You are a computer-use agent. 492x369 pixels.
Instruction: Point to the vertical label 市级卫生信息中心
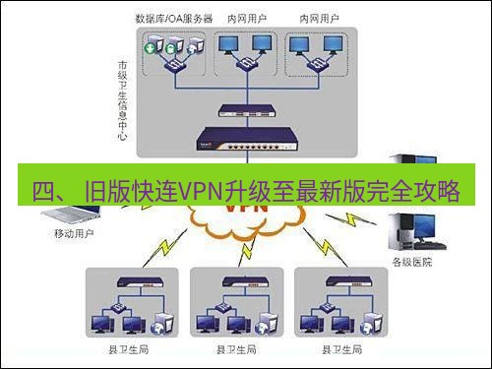tap(123, 99)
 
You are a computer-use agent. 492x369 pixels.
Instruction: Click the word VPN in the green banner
tap(201, 191)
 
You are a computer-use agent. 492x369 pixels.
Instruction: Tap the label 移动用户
tap(74, 235)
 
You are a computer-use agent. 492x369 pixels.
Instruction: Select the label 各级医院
tap(413, 263)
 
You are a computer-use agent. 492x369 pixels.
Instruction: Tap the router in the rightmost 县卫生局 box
tap(340, 280)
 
